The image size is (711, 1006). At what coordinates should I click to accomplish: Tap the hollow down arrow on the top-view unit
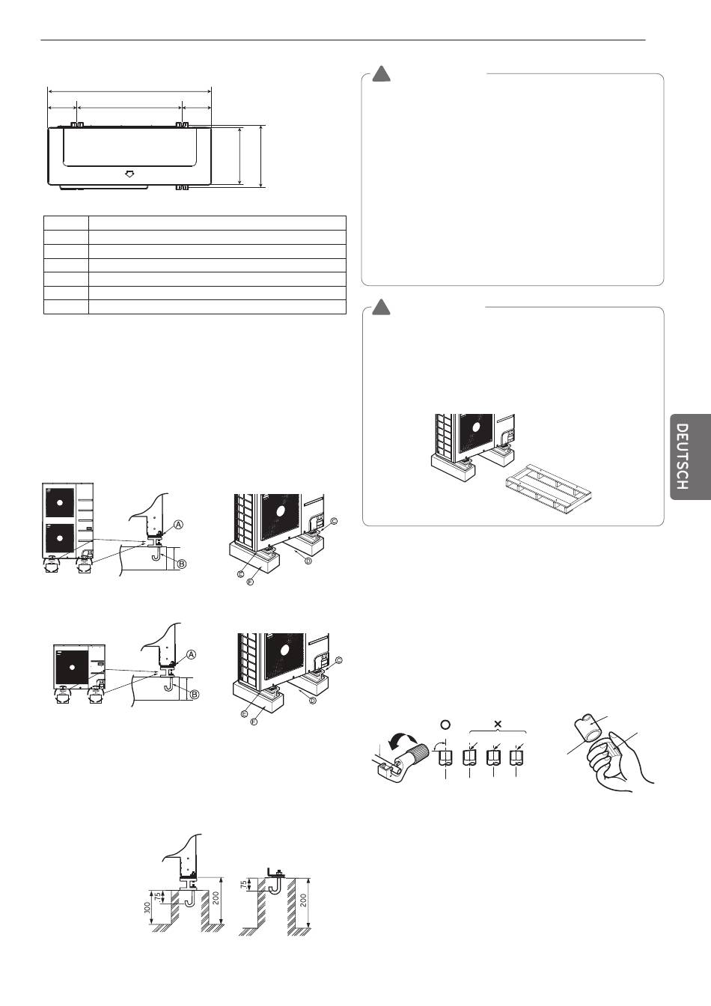tap(129, 174)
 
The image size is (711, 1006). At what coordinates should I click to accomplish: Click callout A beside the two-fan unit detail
tap(179, 525)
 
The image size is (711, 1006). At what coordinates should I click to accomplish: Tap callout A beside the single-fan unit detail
tap(191, 654)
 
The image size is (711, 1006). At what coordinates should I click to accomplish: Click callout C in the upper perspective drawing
tap(334, 521)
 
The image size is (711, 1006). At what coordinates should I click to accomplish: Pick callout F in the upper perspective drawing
tap(250, 582)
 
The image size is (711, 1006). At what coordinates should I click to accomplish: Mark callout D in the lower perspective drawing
tap(312, 701)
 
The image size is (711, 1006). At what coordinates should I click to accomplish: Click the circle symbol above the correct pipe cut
tap(445, 725)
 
